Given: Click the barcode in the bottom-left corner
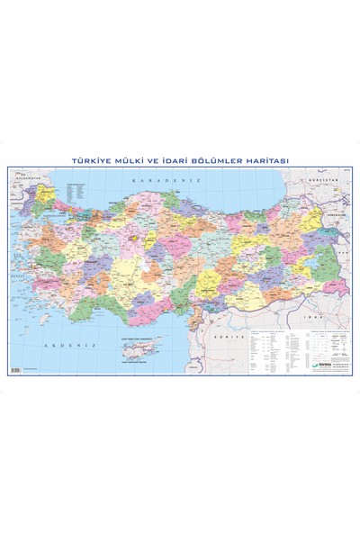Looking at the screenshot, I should coord(15,370).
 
